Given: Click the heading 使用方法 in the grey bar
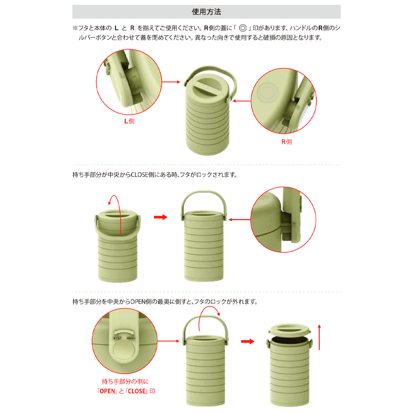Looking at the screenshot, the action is [x=206, y=12].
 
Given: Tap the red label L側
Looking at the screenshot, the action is [x=129, y=121].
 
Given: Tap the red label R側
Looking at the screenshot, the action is [x=287, y=142].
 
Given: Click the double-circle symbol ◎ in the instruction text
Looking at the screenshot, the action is [x=242, y=28].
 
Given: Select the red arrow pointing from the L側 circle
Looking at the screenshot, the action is [x=171, y=82].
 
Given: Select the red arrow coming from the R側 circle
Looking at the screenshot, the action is [x=242, y=101].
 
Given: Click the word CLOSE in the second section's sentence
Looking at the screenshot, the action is [x=139, y=175].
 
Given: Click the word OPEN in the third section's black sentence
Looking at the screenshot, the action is [x=138, y=301].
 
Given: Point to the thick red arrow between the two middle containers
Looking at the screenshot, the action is [x=161, y=217].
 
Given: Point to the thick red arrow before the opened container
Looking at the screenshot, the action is [x=248, y=342].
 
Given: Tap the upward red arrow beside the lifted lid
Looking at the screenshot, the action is [x=319, y=337].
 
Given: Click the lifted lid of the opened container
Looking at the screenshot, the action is [x=290, y=330].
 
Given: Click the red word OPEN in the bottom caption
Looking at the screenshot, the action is [x=108, y=391].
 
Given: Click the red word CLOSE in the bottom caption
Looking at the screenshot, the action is [x=137, y=391].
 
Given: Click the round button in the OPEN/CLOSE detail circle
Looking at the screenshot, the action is [x=125, y=351].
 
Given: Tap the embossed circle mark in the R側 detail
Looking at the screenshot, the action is [x=267, y=93].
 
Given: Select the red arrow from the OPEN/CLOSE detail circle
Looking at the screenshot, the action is [x=169, y=341].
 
